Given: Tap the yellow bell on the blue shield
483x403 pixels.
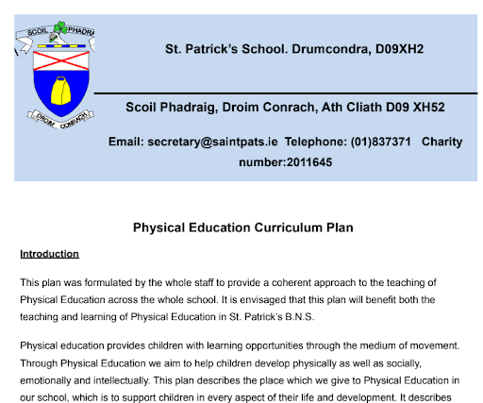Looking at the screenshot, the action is click(x=58, y=92).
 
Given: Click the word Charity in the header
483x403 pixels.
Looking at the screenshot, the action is click(x=441, y=143).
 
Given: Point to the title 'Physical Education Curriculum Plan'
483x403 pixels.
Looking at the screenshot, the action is click(x=241, y=228).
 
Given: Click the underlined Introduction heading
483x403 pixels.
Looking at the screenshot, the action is click(x=49, y=254).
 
